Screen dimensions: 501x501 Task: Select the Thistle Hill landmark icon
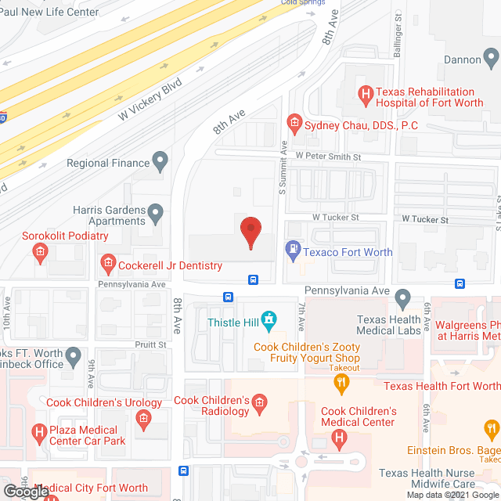tap(269, 319)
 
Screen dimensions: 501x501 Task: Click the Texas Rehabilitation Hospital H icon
tap(364, 96)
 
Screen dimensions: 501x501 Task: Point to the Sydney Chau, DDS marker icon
tap(294, 122)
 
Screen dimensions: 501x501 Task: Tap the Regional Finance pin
tap(160, 163)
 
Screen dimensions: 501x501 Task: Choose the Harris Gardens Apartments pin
tap(156, 211)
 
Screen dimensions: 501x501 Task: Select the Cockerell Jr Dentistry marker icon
tap(108, 265)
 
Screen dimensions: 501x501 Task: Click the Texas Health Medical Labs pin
tap(402, 297)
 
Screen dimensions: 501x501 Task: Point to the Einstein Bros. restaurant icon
tap(492, 430)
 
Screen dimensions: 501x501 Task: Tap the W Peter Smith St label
tap(328, 157)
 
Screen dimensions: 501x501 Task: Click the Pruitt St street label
tap(152, 344)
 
